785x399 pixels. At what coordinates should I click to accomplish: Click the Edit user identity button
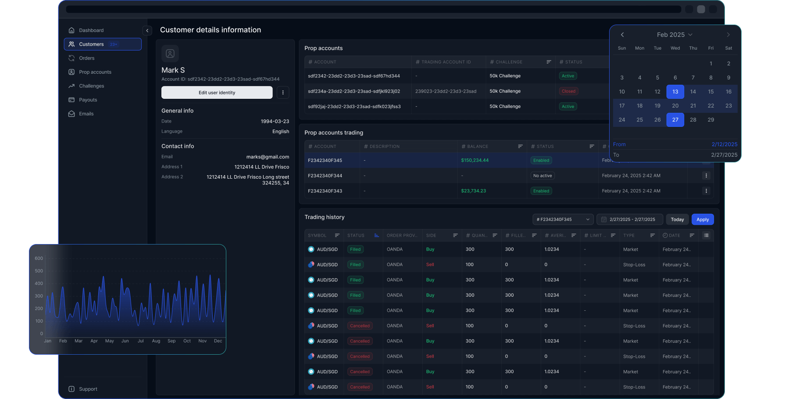217,93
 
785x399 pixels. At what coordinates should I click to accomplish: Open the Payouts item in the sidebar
88,100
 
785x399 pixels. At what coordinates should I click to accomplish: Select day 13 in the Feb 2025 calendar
675,92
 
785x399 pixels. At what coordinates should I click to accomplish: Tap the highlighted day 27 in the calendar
675,120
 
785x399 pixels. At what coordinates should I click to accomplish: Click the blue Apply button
702,219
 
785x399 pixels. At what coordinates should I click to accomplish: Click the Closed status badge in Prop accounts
568,91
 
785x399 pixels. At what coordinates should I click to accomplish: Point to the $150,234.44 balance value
475,160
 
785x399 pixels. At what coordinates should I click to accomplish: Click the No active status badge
542,176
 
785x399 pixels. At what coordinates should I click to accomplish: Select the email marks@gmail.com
268,157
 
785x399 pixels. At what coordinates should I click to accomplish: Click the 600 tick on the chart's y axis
39,259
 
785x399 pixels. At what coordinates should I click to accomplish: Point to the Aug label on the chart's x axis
156,341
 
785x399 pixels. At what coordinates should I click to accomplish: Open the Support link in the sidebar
88,389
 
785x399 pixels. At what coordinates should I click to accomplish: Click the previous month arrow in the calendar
622,35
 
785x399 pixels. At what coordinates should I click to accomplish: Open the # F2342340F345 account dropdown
563,219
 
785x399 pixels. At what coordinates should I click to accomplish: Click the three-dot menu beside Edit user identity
283,93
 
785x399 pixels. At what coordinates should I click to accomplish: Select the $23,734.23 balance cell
473,191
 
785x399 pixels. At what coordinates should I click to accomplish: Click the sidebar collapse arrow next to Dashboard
147,30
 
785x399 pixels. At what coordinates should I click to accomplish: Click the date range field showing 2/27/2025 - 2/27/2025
629,219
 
